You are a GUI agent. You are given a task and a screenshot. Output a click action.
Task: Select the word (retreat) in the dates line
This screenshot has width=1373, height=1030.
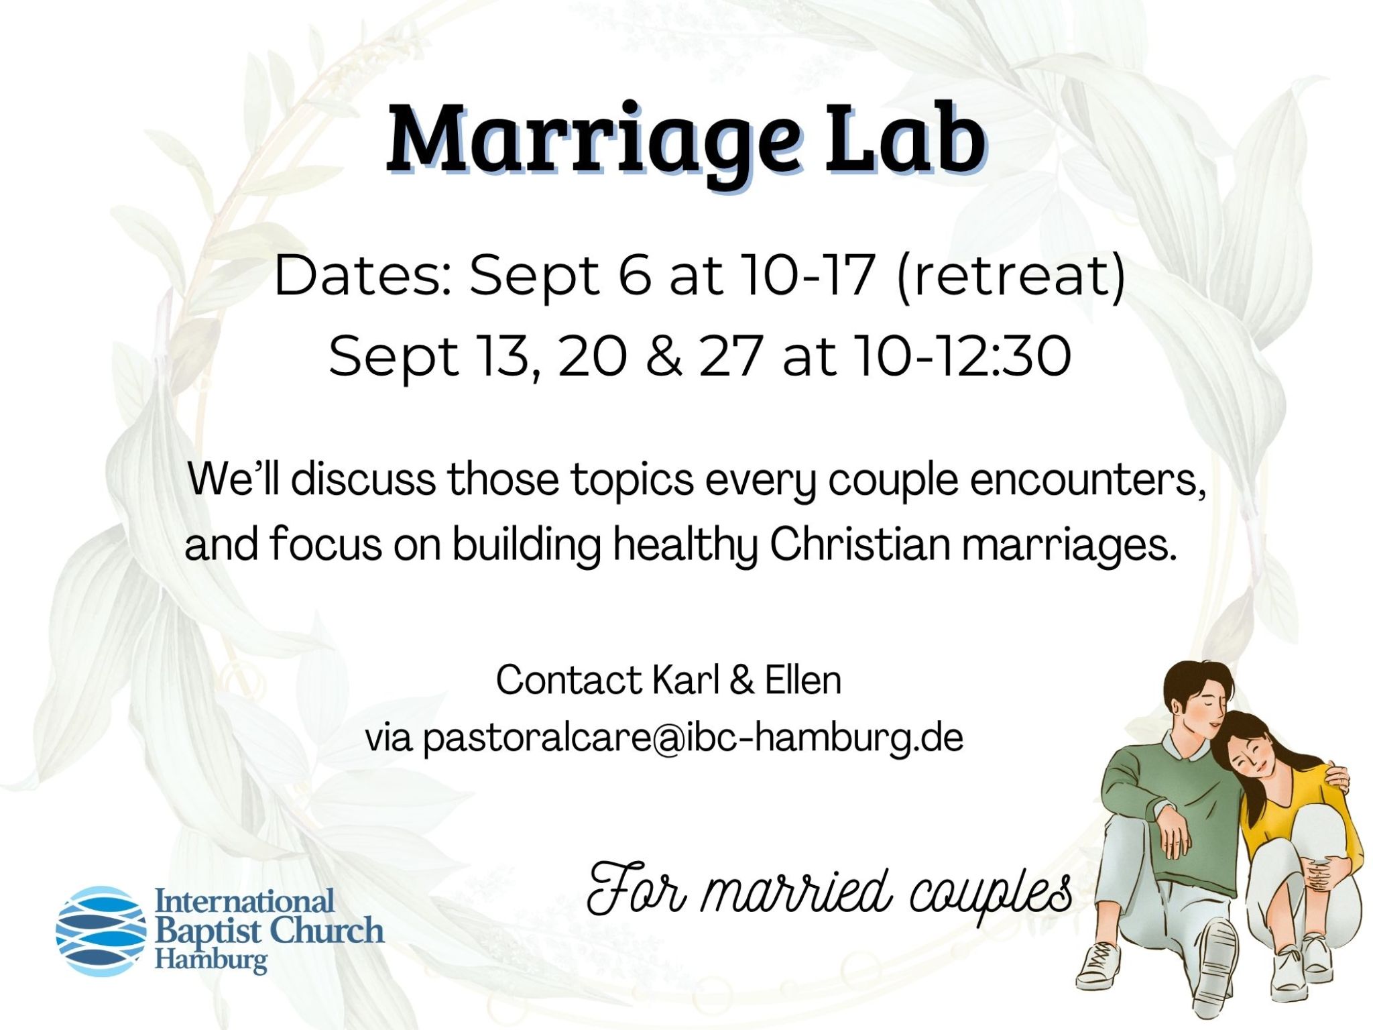click(1011, 276)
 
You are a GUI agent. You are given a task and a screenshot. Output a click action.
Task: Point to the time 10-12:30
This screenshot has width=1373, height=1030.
click(963, 356)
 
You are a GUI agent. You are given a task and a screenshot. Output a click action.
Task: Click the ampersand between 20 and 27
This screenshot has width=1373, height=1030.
click(664, 356)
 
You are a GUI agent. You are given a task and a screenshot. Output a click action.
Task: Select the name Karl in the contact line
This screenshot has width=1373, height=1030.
click(685, 680)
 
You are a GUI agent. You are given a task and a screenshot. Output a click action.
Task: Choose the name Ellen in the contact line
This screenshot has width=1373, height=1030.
click(803, 680)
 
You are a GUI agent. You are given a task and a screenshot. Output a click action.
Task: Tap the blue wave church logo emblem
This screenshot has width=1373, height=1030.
click(101, 931)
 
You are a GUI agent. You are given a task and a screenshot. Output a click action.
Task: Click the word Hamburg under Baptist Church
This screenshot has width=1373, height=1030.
click(211, 960)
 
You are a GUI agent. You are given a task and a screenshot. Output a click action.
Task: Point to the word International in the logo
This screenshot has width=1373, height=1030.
click(245, 901)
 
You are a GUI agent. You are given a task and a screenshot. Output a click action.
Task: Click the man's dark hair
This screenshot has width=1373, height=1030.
click(1194, 691)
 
